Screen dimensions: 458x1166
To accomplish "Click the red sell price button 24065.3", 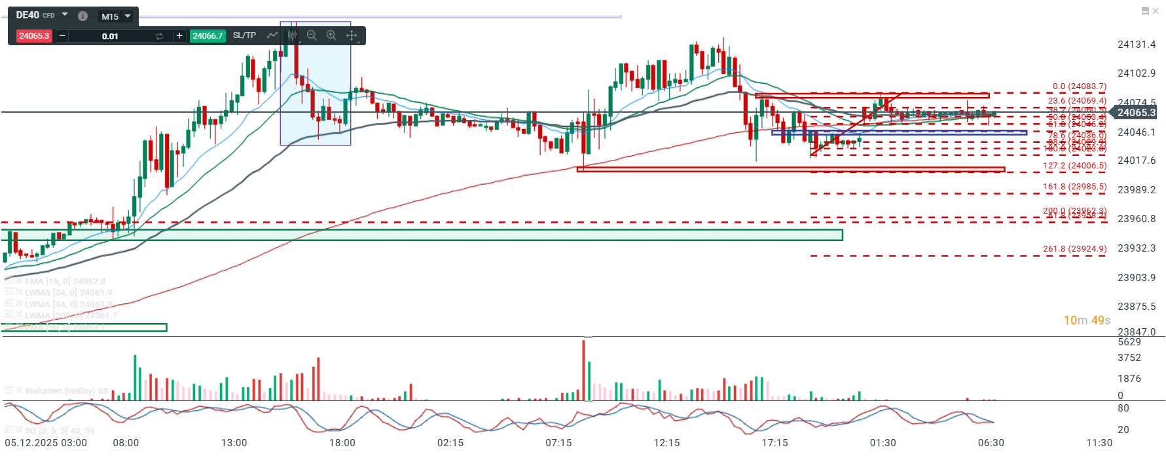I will pos(34,36).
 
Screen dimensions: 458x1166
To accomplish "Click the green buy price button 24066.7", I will pos(208,36).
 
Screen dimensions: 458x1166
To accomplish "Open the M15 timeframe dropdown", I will pos(117,16).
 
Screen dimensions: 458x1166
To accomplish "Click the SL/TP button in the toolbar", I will pos(244,35).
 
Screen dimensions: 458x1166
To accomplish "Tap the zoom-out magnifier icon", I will pos(312,35).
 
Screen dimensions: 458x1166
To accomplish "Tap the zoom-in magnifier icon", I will pos(331,35).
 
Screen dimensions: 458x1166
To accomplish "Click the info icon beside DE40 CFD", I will pos(82,16).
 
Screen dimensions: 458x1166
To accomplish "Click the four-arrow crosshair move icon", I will pos(352,35).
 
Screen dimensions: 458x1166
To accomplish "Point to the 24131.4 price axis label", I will pos(1137,45).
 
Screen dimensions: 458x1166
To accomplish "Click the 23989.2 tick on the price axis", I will pos(1137,190).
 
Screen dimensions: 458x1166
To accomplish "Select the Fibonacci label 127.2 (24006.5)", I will pos(1074,166).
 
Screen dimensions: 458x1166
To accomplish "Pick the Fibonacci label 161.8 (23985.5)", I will pos(1074,187).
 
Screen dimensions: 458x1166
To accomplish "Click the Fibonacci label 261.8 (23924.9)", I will pos(1074,249).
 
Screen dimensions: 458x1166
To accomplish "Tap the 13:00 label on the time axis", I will pos(234,443).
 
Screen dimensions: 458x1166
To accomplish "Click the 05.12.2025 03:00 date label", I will pos(46,443).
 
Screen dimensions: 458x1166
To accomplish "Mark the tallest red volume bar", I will pos(583,370).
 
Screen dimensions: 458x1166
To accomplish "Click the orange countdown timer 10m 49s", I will pos(1087,320).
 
